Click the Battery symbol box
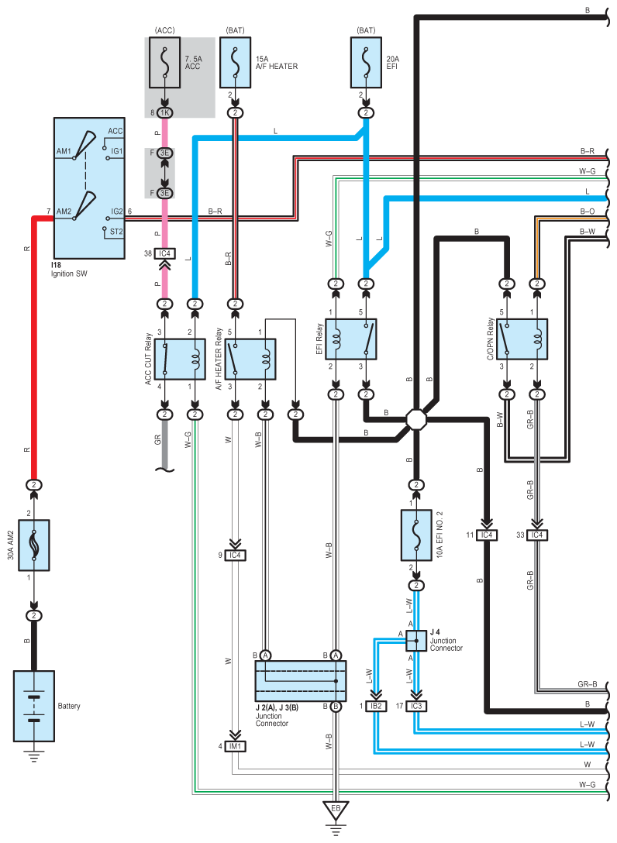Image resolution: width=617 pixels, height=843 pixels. pyautogui.click(x=34, y=706)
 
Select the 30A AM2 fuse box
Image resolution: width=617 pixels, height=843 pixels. pyautogui.click(x=34, y=545)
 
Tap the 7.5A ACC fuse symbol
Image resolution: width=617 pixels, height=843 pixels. pyautogui.click(x=164, y=62)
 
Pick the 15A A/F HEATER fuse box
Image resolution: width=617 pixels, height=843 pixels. pyautogui.click(x=235, y=62)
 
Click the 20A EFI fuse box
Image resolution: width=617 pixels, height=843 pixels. pyautogui.click(x=366, y=62)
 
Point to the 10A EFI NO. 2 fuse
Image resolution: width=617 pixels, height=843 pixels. pyautogui.click(x=416, y=535)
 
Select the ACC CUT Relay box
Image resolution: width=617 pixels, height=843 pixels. pyautogui.click(x=180, y=360)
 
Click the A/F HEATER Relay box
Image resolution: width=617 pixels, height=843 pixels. pyautogui.click(x=250, y=360)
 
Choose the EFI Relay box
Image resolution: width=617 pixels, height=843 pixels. pyautogui.click(x=350, y=339)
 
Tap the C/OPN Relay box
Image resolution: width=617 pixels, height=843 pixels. pyautogui.click(x=522, y=339)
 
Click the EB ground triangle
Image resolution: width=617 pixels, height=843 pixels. pyautogui.click(x=336, y=810)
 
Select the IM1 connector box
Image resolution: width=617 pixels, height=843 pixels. pyautogui.click(x=235, y=746)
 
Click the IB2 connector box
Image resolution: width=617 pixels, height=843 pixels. pyautogui.click(x=376, y=706)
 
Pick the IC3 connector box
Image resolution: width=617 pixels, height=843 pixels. pyautogui.click(x=416, y=706)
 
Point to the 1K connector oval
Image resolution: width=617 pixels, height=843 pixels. pyautogui.click(x=164, y=113)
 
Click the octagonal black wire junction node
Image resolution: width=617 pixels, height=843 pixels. pyautogui.click(x=416, y=419)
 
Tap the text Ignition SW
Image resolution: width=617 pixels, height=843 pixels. pyautogui.click(x=69, y=274)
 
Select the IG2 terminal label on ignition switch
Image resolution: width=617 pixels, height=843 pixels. pyautogui.click(x=117, y=212)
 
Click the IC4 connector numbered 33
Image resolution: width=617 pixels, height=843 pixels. pyautogui.click(x=537, y=535)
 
